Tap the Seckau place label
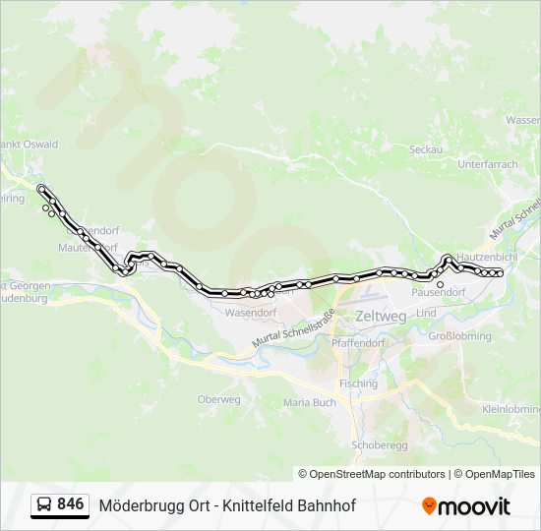(x=426, y=149)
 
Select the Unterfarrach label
(x=487, y=164)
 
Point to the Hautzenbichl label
(x=486, y=256)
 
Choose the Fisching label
(x=357, y=383)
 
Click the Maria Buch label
(x=309, y=402)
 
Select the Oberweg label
(x=218, y=399)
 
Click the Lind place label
(x=426, y=313)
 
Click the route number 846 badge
(x=70, y=504)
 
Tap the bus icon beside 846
(x=44, y=505)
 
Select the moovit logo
(x=466, y=506)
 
